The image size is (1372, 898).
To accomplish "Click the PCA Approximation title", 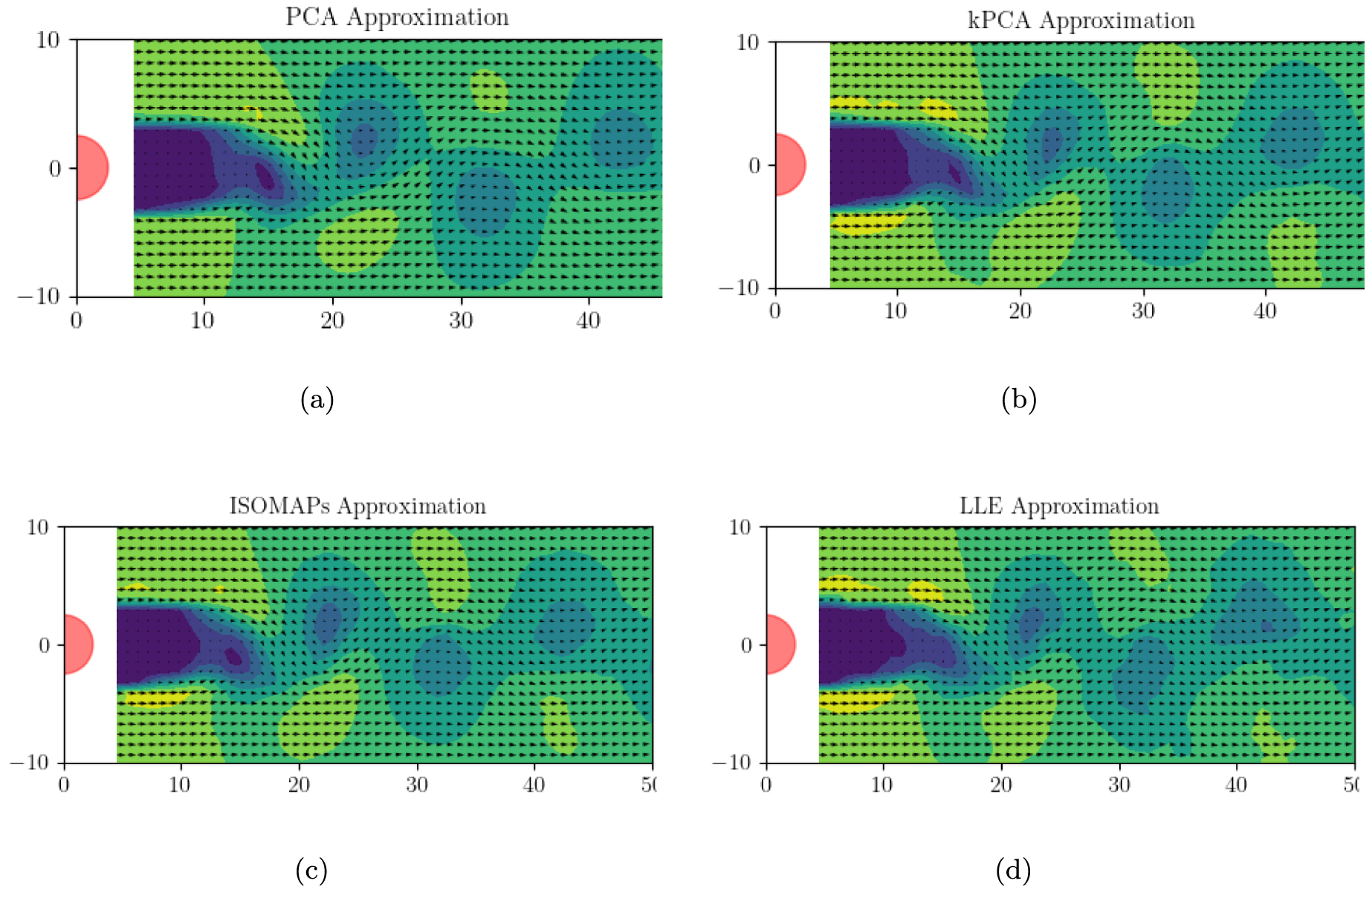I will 397,17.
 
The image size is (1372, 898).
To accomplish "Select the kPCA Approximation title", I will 1081,20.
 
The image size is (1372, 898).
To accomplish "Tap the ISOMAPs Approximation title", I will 357,506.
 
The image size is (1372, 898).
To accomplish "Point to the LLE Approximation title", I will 1059,506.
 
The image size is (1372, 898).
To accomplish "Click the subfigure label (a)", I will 317,400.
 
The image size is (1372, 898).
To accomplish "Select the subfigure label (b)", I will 1018,400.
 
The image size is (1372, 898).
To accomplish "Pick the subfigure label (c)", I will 311,870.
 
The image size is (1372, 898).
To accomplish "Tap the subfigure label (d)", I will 1013,870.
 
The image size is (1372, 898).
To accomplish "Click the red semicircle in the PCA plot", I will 91,168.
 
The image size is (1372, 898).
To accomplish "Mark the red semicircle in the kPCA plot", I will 789,165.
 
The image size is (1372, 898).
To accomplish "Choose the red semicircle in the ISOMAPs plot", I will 77,645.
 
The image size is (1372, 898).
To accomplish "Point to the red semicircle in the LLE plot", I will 779,645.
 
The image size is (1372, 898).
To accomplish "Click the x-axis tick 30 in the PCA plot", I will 461,320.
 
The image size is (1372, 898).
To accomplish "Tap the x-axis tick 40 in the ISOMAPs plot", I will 534,785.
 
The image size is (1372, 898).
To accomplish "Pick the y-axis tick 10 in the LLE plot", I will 740,527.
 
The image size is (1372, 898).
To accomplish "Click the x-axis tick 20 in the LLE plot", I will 1001,785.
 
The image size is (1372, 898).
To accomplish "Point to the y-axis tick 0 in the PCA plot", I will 55,169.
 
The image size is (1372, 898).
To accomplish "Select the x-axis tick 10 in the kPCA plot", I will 896,311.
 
